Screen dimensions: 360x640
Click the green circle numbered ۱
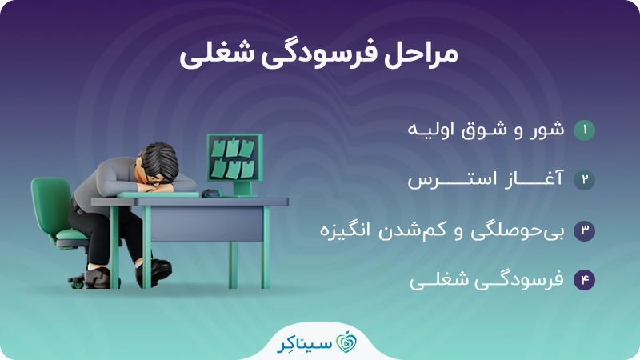[x=585, y=130]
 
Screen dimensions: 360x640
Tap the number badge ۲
[x=585, y=180]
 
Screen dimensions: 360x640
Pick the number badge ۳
[x=585, y=231]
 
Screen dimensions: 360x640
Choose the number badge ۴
[x=585, y=280]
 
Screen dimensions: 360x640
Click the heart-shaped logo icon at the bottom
[x=346, y=339]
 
